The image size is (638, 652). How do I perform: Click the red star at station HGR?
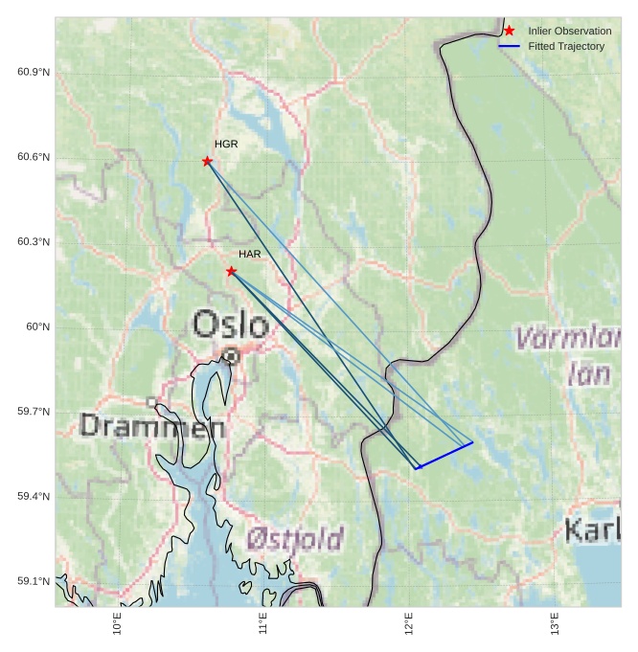coord(207,161)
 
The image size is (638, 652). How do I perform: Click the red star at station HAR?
coord(231,272)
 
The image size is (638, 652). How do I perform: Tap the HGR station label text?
coord(226,144)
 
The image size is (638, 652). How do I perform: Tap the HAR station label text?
coord(250,254)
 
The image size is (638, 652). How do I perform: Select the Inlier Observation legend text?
coord(569,31)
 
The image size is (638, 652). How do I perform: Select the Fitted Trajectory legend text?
coord(566,46)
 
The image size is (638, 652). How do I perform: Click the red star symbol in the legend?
coord(509,31)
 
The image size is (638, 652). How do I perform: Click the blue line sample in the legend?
coord(509,46)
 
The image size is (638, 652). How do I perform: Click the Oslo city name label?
coord(230,324)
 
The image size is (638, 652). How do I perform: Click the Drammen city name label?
coord(152,425)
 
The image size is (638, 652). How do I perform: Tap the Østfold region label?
coord(294,539)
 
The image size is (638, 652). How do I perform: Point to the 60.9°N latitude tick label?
coord(34,73)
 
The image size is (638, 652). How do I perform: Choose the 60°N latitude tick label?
coord(37,327)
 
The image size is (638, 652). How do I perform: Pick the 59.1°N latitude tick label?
coord(34,582)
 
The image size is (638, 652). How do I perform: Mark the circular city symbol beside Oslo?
coord(230,356)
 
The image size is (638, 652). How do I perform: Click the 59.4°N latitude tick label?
coord(34,497)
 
